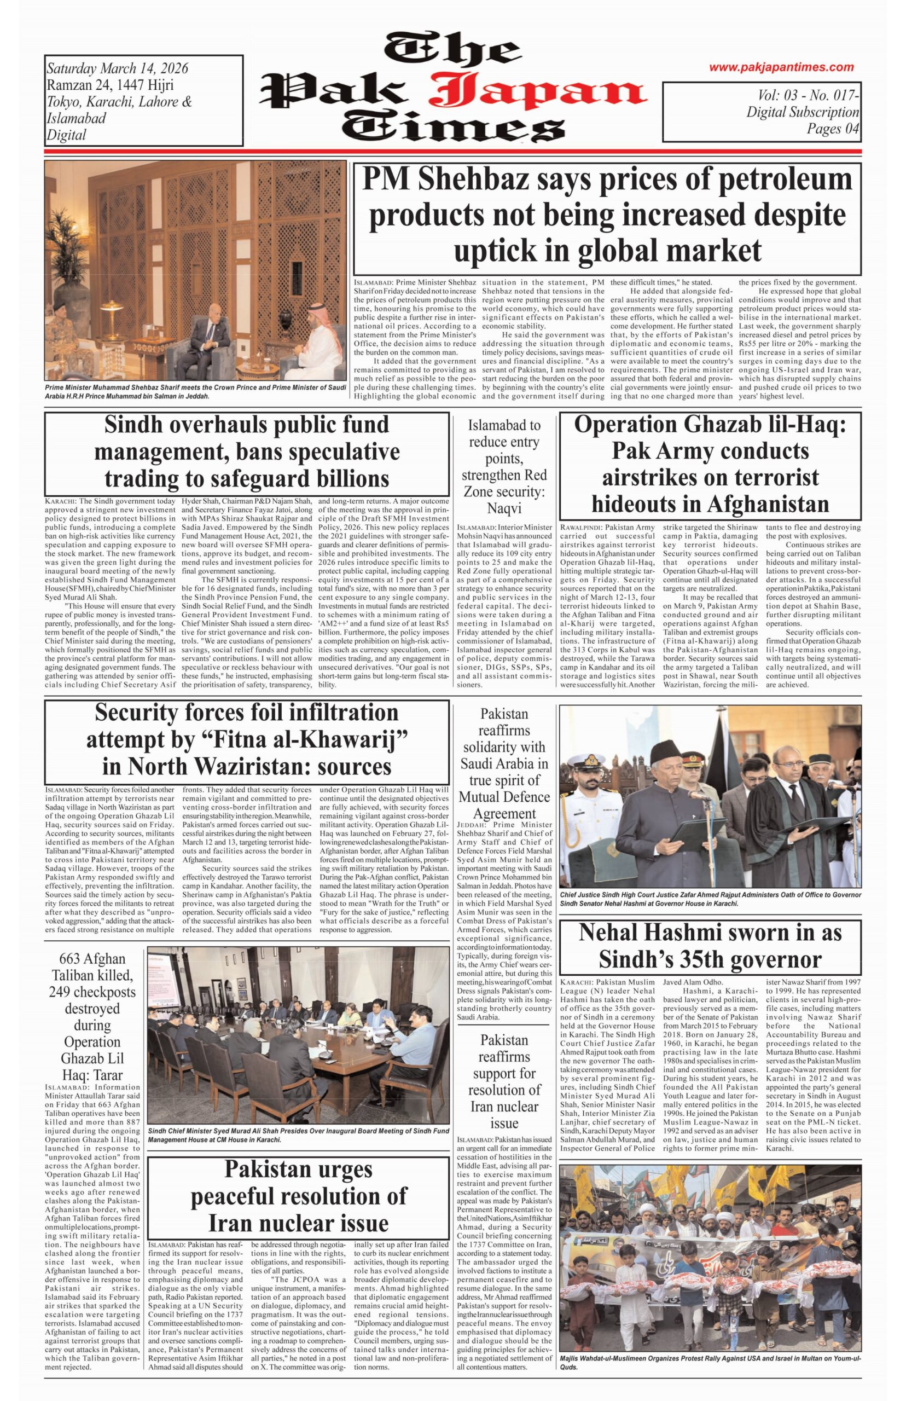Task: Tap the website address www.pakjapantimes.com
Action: [781, 67]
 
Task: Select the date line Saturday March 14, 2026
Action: [118, 68]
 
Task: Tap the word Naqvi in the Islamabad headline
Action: [504, 508]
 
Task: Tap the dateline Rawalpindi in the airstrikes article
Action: [580, 527]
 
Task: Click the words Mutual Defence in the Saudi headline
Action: [504, 797]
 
